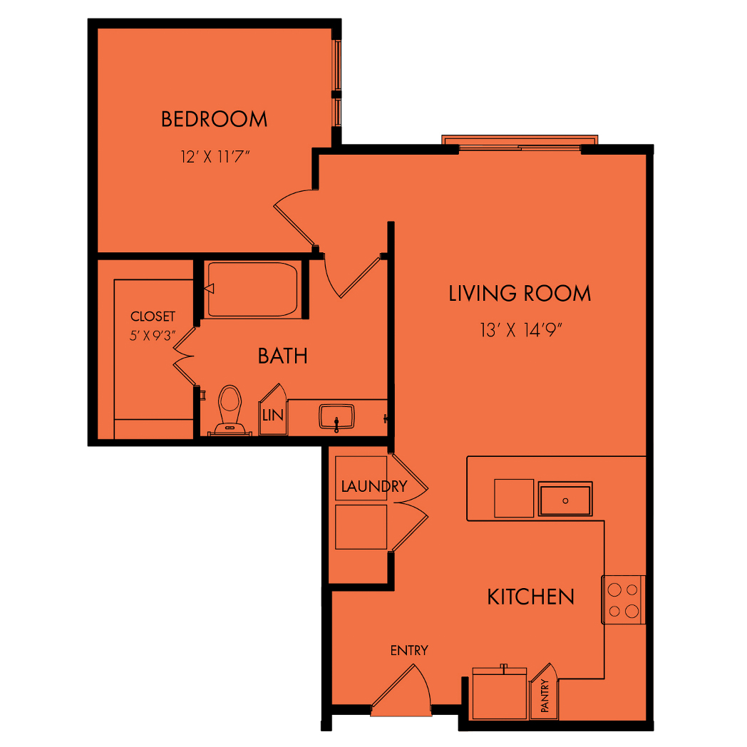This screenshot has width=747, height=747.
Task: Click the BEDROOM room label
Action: (x=214, y=119)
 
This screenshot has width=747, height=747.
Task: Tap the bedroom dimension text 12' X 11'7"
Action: (x=215, y=157)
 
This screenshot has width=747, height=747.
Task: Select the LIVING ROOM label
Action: (x=520, y=294)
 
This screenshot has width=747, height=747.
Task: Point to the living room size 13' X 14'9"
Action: (x=521, y=330)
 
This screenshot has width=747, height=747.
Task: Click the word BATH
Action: (x=282, y=356)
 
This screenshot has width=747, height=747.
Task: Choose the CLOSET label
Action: (x=153, y=316)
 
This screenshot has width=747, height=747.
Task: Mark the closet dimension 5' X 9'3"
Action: (x=153, y=336)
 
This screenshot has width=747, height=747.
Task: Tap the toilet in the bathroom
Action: (x=230, y=410)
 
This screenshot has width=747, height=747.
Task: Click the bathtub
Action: (x=252, y=289)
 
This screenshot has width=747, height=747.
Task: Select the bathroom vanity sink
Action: (x=336, y=417)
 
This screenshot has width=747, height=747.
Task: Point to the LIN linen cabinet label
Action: (x=273, y=416)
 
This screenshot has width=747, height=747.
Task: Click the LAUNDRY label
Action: (x=374, y=486)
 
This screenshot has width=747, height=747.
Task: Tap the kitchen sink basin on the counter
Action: (x=565, y=499)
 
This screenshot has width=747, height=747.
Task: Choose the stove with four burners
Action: (x=624, y=599)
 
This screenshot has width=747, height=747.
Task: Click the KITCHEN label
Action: (x=531, y=597)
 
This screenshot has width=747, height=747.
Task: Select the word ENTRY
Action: (x=409, y=650)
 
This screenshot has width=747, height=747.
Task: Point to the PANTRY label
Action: (x=545, y=696)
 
